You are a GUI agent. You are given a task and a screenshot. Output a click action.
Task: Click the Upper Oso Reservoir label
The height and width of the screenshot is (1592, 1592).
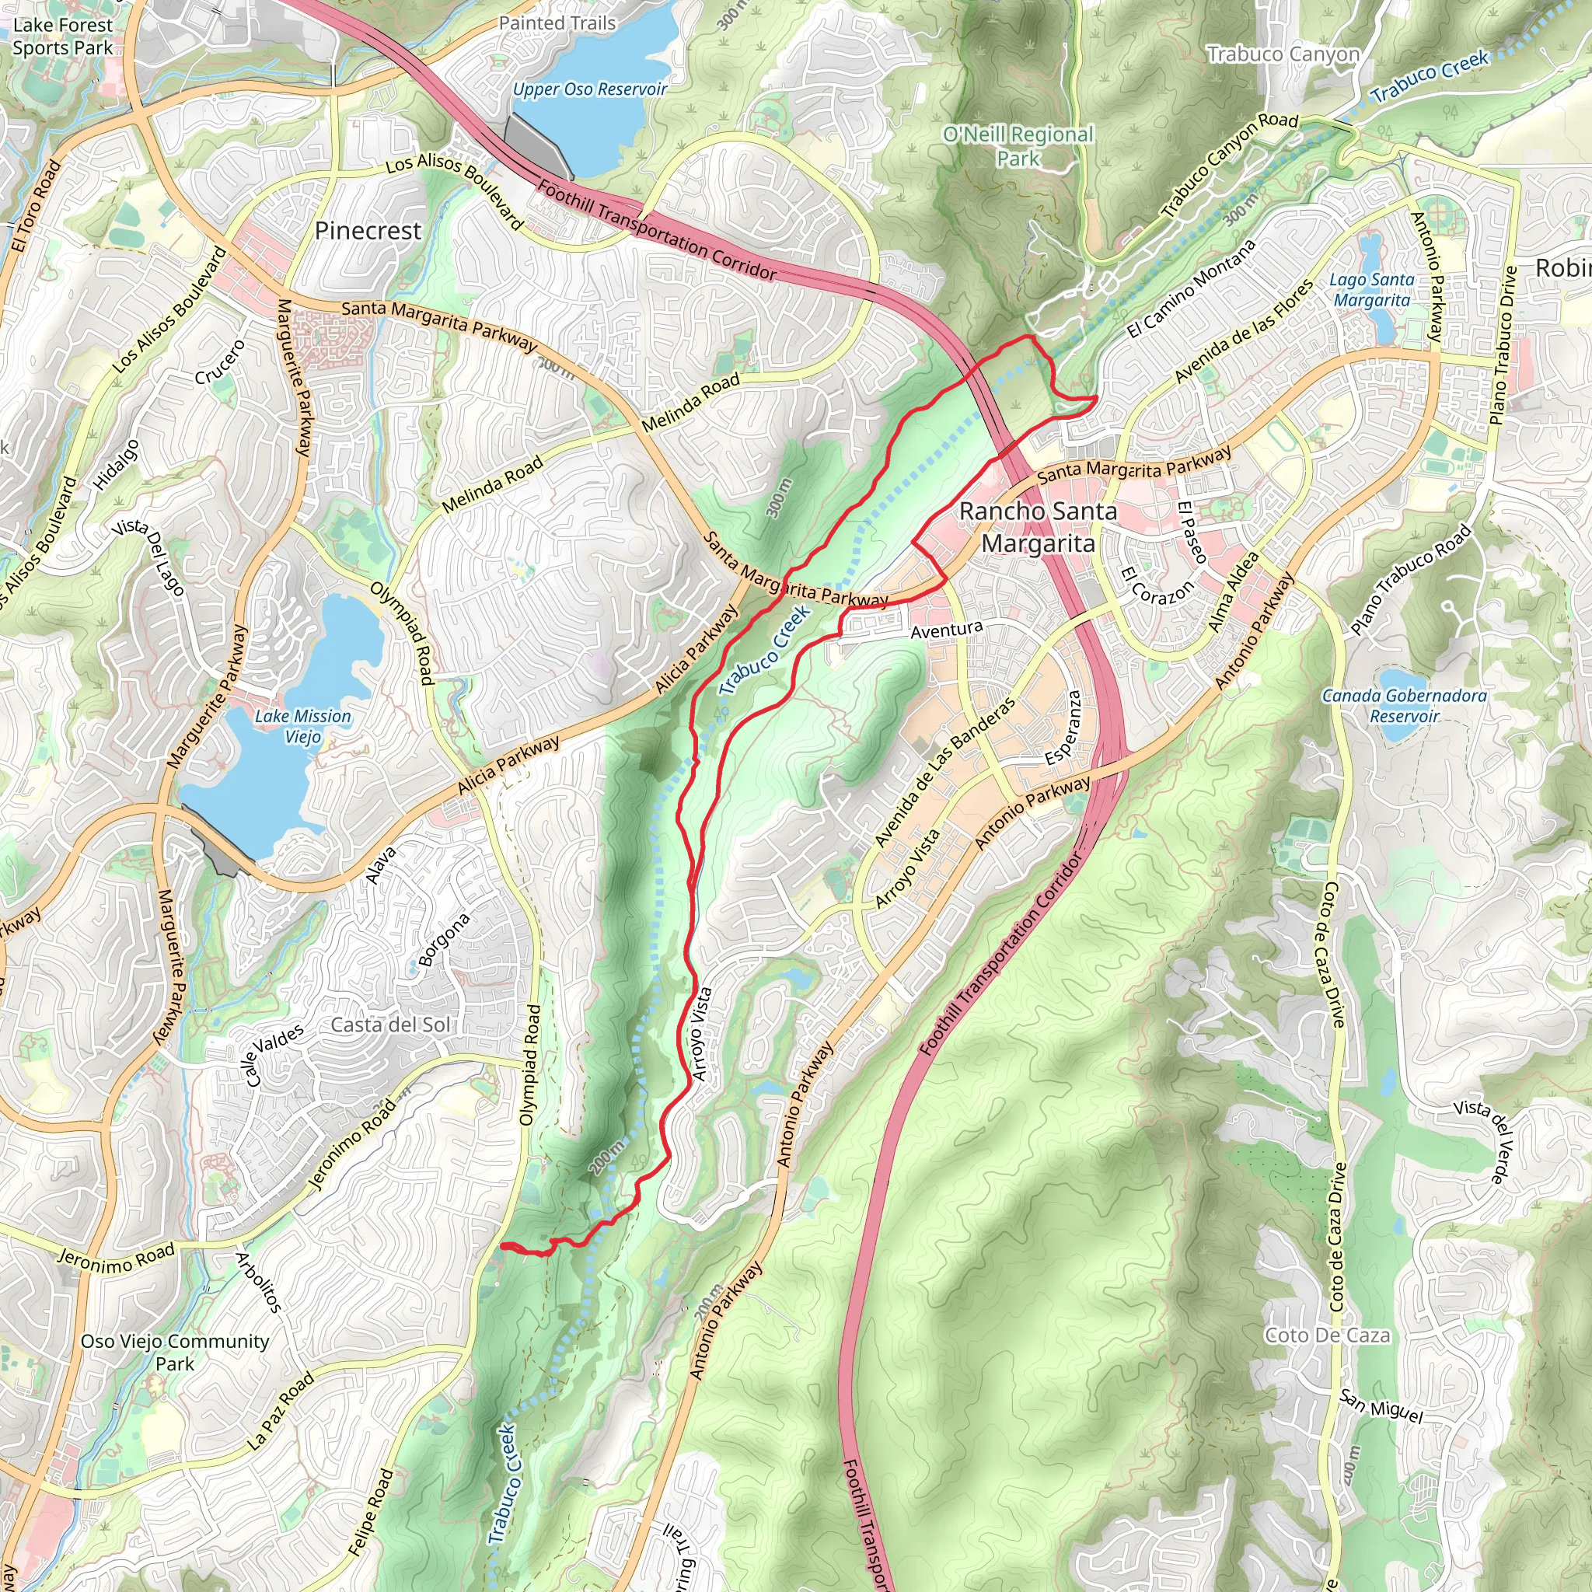pos(589,89)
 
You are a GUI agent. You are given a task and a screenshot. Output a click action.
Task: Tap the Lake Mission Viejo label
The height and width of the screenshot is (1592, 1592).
pos(302,726)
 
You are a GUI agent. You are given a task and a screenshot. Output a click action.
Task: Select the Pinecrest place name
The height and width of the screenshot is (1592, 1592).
pos(368,231)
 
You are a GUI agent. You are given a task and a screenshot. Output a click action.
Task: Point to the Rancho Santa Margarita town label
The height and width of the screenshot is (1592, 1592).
pos(1038,527)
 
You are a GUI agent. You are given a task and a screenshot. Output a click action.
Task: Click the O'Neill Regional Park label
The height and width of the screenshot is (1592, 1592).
pos(1018,146)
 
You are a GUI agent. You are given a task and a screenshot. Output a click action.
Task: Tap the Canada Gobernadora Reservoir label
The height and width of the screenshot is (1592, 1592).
pos(1404,705)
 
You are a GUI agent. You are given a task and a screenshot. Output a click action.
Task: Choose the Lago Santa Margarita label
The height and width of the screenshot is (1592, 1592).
pos(1371,290)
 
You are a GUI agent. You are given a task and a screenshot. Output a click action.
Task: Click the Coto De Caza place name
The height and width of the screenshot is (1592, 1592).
pos(1327,1335)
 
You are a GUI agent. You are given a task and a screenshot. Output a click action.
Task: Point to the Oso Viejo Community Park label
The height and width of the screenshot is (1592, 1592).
pos(175,1351)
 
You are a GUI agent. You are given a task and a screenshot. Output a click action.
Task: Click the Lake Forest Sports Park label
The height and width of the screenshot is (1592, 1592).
pos(63,37)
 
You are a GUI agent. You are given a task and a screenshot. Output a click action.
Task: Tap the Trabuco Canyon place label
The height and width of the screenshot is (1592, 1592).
pos(1283,54)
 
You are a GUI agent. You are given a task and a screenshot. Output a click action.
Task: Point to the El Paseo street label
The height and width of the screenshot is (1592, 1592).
pos(1192,532)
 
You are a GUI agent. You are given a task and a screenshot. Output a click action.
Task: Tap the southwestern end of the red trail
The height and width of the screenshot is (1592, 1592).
pos(502,1245)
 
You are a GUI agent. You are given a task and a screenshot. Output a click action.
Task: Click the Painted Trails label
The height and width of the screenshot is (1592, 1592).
pos(557,23)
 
